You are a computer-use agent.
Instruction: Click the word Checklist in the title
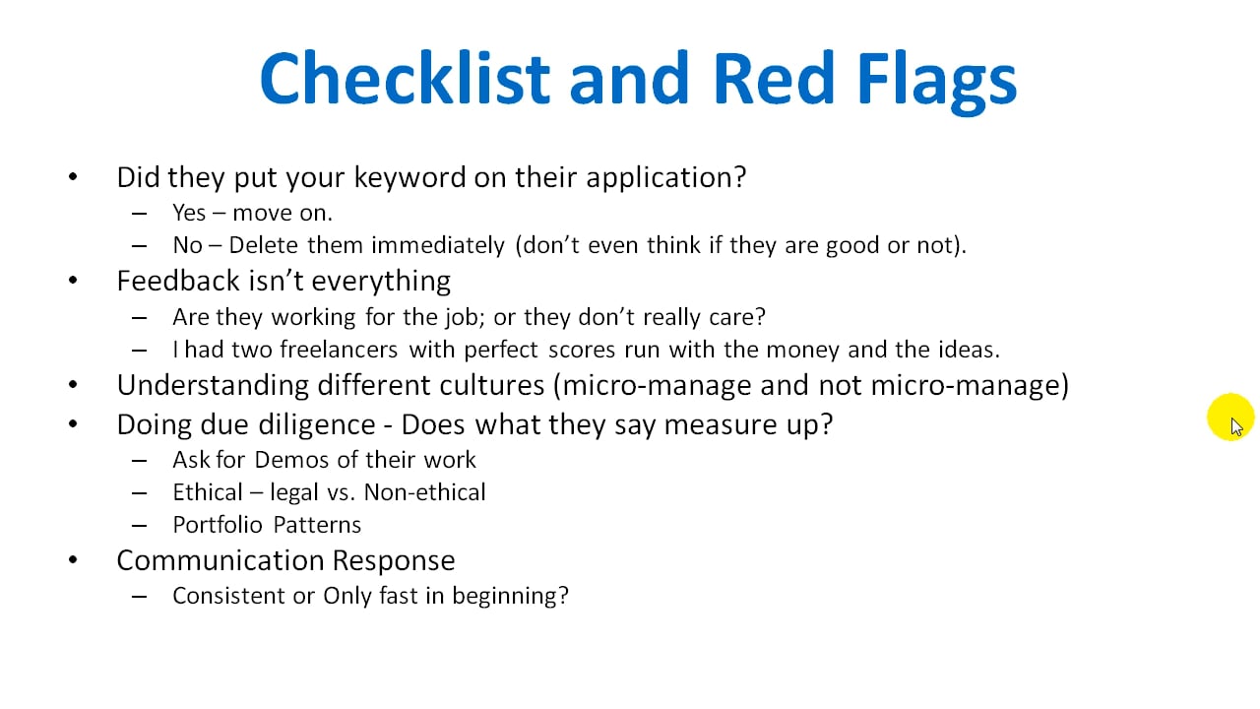pyautogui.click(x=405, y=78)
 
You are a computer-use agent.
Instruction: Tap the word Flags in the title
pyautogui.click(x=936, y=83)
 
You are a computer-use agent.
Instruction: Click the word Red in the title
pyautogui.click(x=774, y=78)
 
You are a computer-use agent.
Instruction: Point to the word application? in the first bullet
pyautogui.click(x=666, y=178)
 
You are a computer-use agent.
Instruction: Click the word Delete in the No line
pyautogui.click(x=263, y=245)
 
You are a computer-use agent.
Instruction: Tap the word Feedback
pyautogui.click(x=178, y=281)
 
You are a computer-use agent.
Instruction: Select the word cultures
pyautogui.click(x=491, y=385)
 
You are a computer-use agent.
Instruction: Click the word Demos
pyautogui.click(x=290, y=460)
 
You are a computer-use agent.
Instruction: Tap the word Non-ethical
pyautogui.click(x=424, y=492)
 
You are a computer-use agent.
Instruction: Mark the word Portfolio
pyautogui.click(x=218, y=525)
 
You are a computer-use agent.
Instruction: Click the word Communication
pyautogui.click(x=220, y=560)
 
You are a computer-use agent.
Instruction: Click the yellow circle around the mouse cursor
pyautogui.click(x=1230, y=417)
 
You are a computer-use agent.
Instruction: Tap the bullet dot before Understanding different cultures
pyautogui.click(x=73, y=385)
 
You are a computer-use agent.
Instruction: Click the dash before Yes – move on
pyautogui.click(x=140, y=214)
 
